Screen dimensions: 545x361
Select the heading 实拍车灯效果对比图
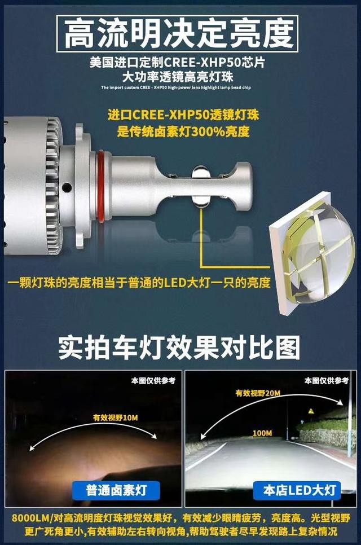[x=179, y=348]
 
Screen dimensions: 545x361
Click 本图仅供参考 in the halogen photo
[x=153, y=381]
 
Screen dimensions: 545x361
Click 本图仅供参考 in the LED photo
[x=326, y=381]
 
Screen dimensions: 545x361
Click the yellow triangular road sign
[x=311, y=412]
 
